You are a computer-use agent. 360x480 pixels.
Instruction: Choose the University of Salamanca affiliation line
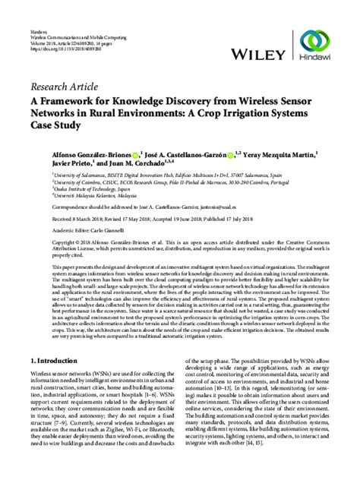coord(152,174)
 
